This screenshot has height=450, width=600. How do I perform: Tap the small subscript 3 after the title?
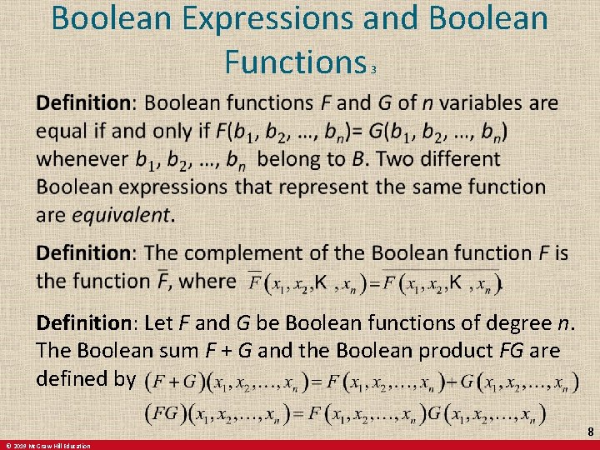click(x=374, y=70)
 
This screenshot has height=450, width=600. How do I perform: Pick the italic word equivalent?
click(x=121, y=214)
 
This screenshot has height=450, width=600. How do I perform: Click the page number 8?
click(x=590, y=432)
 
